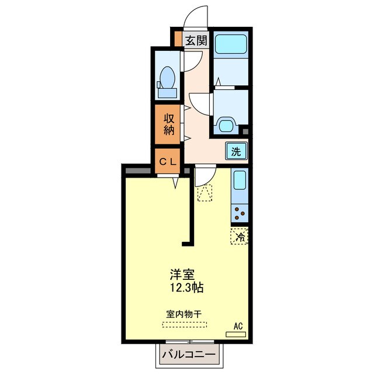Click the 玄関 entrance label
coord(196,40)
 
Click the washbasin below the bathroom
coord(226,124)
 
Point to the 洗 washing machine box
coord(236,152)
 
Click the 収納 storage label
coord(169,123)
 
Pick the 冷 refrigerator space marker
coord(239,237)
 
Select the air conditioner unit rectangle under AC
coord(236,335)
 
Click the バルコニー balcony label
coord(189,355)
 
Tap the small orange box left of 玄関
coord(178,41)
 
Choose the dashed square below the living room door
coord(205,194)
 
